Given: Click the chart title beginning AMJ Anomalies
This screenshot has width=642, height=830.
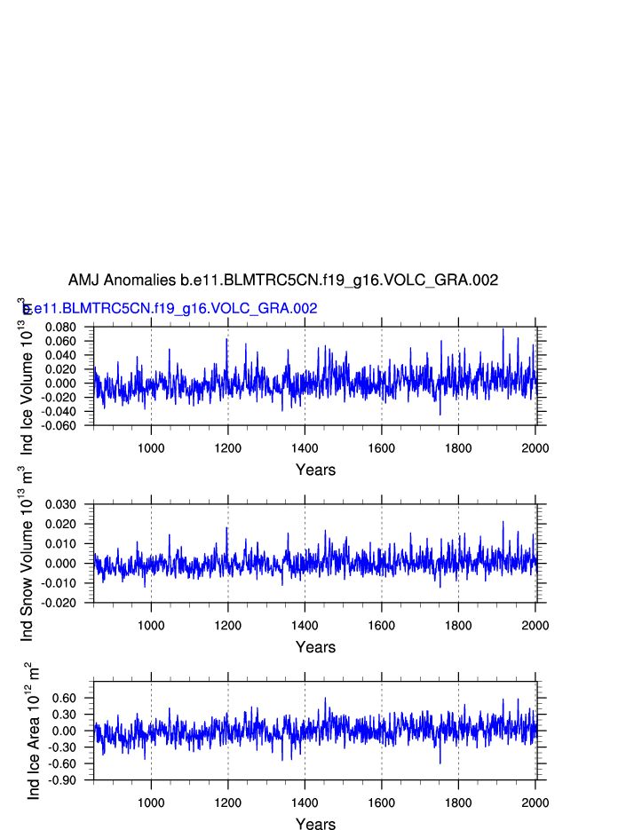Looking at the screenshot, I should (x=282, y=281).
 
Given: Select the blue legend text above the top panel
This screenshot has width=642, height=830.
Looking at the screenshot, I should (x=170, y=309).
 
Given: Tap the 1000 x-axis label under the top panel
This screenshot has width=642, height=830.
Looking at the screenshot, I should (x=151, y=447).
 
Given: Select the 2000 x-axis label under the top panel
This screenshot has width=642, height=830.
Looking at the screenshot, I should (x=535, y=447).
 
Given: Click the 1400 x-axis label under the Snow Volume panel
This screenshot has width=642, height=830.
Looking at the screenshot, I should (x=305, y=625).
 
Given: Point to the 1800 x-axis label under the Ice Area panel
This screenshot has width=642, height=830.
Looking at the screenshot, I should (x=458, y=802).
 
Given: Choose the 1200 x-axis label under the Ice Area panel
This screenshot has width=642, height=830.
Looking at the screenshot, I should (x=228, y=802).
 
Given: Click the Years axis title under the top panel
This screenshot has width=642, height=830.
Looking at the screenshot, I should (x=315, y=470).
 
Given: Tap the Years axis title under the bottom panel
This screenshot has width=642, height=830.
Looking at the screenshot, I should (x=315, y=824).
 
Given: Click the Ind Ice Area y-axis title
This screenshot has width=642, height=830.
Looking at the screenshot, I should (x=33, y=731).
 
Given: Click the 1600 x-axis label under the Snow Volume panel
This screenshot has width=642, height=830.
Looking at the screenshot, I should (x=382, y=625).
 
